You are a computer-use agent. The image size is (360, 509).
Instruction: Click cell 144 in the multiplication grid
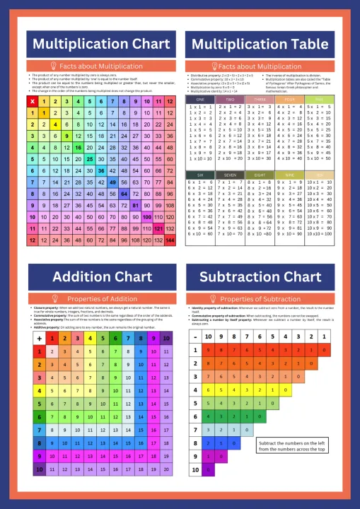[170, 240]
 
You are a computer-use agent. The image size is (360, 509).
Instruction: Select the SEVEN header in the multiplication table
[226, 174]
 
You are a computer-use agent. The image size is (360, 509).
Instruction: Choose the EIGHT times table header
[256, 174]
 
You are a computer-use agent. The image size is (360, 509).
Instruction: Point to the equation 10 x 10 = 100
[316, 234]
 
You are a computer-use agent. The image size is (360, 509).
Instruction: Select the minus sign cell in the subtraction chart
[196, 337]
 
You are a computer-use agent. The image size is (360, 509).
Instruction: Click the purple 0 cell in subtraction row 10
[209, 469]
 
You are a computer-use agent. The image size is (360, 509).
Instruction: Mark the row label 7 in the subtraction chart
[196, 429]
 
